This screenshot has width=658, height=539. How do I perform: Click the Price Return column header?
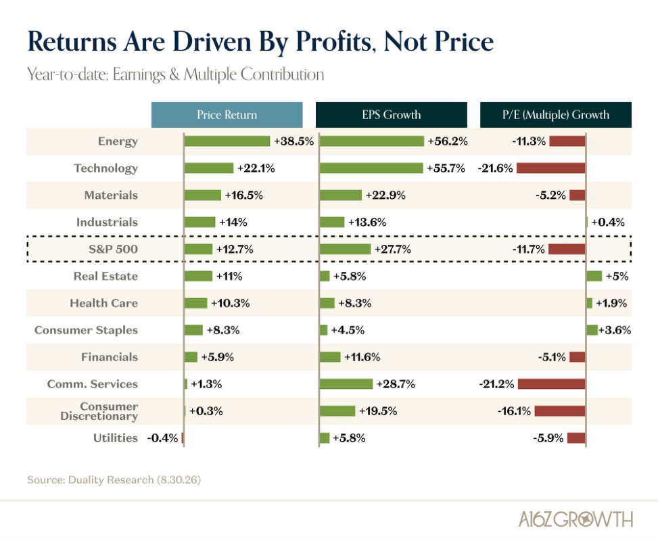pyautogui.click(x=227, y=114)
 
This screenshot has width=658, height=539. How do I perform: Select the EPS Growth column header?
pyautogui.click(x=391, y=114)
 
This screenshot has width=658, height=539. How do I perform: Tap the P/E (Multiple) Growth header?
pyautogui.click(x=556, y=114)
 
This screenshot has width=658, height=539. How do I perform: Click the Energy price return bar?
pyautogui.click(x=227, y=141)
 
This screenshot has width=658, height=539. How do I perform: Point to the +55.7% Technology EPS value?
pyautogui.click(x=446, y=168)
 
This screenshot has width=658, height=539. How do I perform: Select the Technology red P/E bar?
pyautogui.click(x=551, y=168)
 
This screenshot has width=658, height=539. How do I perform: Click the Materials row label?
pyautogui.click(x=111, y=195)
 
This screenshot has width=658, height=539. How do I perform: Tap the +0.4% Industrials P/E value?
pyautogui.click(x=608, y=222)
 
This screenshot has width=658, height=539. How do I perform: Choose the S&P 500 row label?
pyautogui.click(x=113, y=249)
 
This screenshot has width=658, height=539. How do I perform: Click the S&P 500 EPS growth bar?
pyautogui.click(x=345, y=249)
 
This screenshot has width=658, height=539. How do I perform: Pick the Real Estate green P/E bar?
pyautogui.click(x=594, y=276)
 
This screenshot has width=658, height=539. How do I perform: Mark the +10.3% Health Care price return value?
pyautogui.click(x=230, y=303)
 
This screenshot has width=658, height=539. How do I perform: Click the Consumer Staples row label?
pyautogui.click(x=86, y=330)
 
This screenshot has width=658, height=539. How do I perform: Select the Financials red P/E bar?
pyautogui.click(x=578, y=357)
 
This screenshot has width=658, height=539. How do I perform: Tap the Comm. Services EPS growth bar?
pyautogui.click(x=346, y=383)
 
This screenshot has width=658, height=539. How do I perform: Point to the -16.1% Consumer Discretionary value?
pyautogui.click(x=514, y=411)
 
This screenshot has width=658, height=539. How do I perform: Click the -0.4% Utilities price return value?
pyautogui.click(x=162, y=438)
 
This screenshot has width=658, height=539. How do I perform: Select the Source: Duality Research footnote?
pyautogui.click(x=114, y=479)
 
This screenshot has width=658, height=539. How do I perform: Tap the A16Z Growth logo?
pyautogui.click(x=575, y=519)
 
